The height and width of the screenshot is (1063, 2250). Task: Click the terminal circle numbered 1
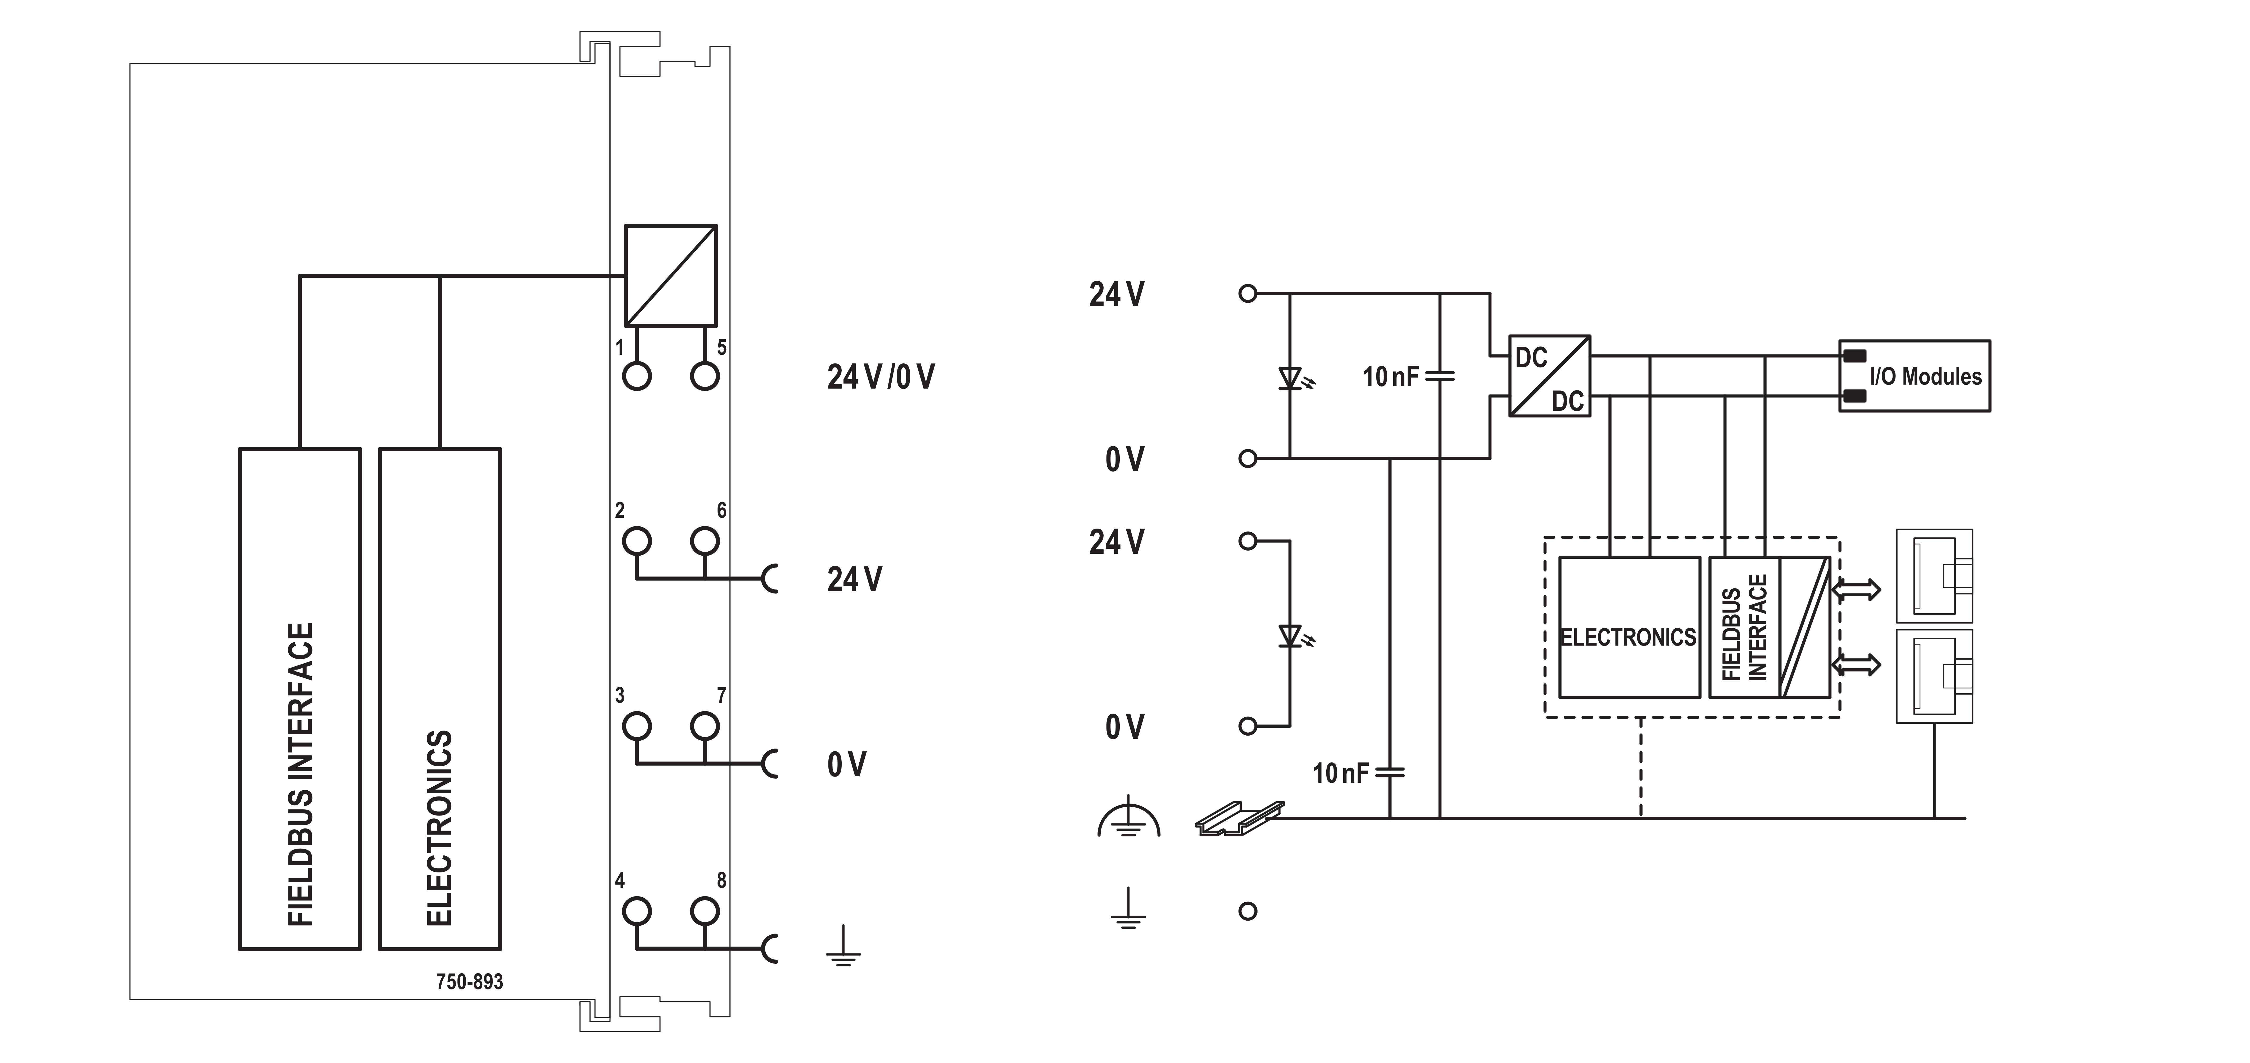637,376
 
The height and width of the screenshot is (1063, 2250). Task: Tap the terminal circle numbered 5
704,376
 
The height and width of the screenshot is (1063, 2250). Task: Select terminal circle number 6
704,541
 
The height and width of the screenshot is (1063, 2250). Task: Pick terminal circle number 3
637,726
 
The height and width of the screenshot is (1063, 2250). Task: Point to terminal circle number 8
704,911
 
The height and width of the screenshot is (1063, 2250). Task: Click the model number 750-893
469,982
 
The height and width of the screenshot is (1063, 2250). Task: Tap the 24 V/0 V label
881,376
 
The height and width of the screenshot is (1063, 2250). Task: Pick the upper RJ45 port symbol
1934,576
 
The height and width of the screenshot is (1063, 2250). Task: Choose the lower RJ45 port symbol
1934,675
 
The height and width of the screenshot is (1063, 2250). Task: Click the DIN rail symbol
1239,819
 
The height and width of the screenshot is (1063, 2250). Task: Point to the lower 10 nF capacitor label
1341,773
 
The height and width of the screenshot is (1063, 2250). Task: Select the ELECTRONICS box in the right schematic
1628,627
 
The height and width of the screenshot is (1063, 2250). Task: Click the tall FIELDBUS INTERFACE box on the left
300,699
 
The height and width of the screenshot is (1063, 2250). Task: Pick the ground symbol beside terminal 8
843,948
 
